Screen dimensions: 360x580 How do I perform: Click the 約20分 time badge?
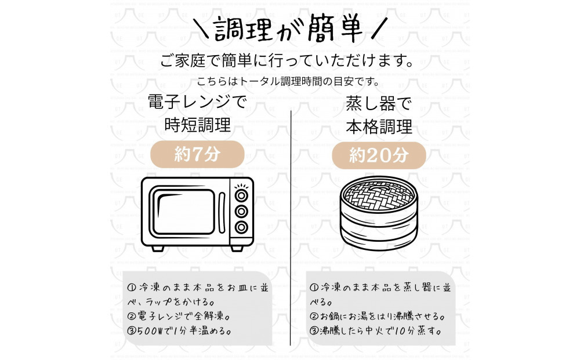coord(379,155)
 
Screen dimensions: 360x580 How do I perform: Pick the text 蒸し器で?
coord(379,105)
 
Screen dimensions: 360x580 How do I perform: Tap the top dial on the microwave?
coord(241,195)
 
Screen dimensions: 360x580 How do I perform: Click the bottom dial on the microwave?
coord(241,227)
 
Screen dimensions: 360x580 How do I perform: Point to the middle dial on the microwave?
coord(241,211)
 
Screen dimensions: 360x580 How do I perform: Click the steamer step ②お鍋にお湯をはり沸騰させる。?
coord(378,317)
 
